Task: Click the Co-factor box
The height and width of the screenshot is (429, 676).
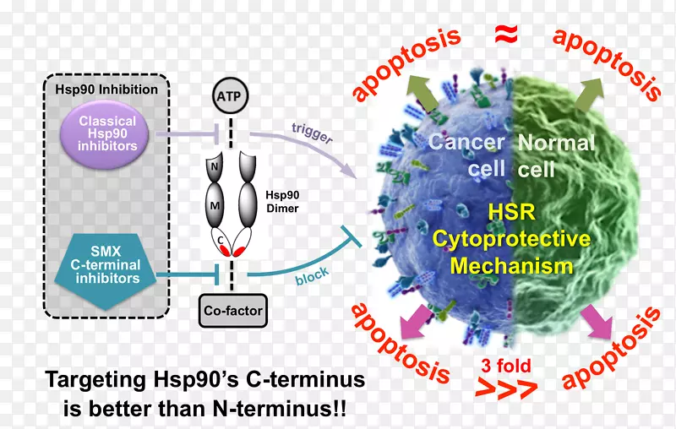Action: (233, 310)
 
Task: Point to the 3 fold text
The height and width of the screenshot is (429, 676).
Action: (506, 367)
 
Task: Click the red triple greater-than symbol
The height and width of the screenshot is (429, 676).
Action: (506, 388)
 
